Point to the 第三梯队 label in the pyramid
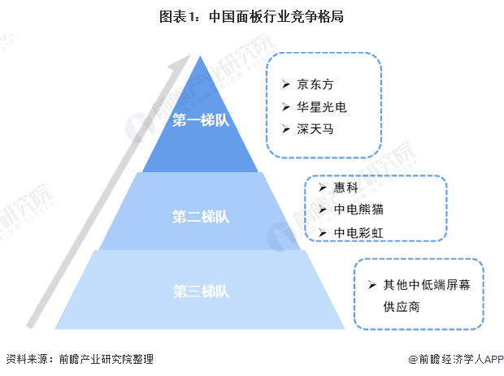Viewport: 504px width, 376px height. point(201,290)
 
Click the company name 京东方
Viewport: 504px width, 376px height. point(316,84)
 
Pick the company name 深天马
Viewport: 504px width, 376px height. point(316,128)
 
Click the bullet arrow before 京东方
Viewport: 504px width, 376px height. point(285,84)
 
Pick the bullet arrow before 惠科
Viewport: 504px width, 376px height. point(319,187)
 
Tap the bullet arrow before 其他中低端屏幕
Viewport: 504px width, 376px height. point(371,285)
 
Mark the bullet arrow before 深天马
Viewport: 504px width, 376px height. point(285,128)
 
